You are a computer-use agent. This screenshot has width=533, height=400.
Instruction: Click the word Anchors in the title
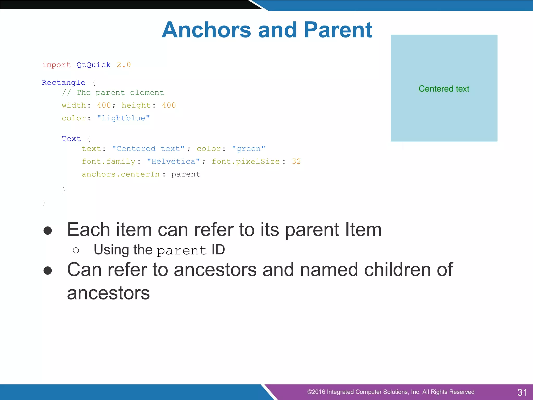(206, 30)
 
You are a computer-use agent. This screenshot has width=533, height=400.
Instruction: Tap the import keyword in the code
(56, 65)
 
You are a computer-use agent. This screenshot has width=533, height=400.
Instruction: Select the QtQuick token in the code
(93, 65)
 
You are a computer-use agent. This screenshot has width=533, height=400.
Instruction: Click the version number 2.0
(124, 65)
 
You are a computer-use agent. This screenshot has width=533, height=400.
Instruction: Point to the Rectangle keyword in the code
(64, 83)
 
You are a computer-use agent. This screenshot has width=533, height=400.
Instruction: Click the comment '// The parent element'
(113, 93)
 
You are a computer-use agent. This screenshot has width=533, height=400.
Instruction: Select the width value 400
(104, 105)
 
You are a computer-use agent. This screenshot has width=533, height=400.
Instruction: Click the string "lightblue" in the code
(123, 118)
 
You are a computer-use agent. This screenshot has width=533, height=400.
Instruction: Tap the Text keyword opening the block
(71, 139)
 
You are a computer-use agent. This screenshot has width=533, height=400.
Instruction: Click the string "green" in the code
(249, 149)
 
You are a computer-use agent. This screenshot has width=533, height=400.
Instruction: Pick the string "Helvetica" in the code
(173, 161)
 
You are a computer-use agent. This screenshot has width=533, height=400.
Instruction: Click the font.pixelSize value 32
(296, 161)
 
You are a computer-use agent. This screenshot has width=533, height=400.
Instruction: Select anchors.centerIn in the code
(121, 174)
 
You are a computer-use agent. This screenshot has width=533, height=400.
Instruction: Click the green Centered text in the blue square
(444, 89)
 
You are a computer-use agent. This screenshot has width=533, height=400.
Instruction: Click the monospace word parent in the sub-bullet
(182, 251)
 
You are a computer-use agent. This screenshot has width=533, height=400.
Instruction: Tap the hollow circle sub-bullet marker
(76, 251)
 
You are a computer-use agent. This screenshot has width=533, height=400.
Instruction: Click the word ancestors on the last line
(108, 293)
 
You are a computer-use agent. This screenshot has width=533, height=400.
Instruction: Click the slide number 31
(522, 392)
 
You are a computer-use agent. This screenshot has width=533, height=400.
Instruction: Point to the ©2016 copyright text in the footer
(390, 392)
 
